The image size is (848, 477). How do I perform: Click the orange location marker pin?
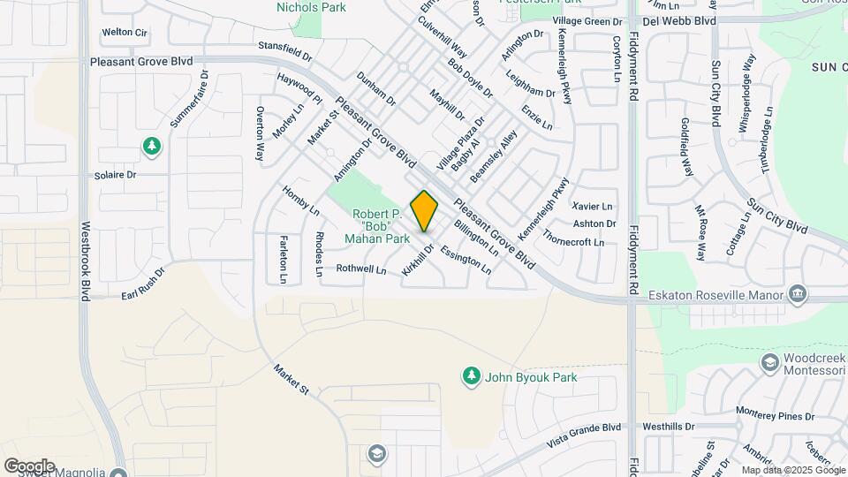pyautogui.click(x=424, y=210)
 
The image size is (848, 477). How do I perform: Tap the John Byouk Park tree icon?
pyautogui.click(x=472, y=377)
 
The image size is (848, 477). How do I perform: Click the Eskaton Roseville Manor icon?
pyautogui.click(x=798, y=293)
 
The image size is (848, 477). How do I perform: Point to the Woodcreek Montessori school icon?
pyautogui.click(x=770, y=362)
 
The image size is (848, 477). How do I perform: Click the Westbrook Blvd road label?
pyautogui.click(x=86, y=261)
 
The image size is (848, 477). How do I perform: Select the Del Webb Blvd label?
pyautogui.click(x=678, y=20)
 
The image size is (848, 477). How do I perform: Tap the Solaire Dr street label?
pyautogui.click(x=116, y=175)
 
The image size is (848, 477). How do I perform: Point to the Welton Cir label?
pyautogui.click(x=124, y=32)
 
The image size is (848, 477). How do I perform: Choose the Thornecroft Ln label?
pyautogui.click(x=574, y=241)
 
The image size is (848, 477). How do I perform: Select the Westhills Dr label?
pyautogui.click(x=670, y=426)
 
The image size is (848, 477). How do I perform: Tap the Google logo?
pyautogui.click(x=29, y=466)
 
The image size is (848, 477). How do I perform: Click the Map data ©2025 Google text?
pyautogui.click(x=791, y=470)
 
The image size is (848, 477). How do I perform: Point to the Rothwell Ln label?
pyautogui.click(x=361, y=269)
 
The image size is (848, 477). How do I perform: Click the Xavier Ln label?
pyautogui.click(x=593, y=206)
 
